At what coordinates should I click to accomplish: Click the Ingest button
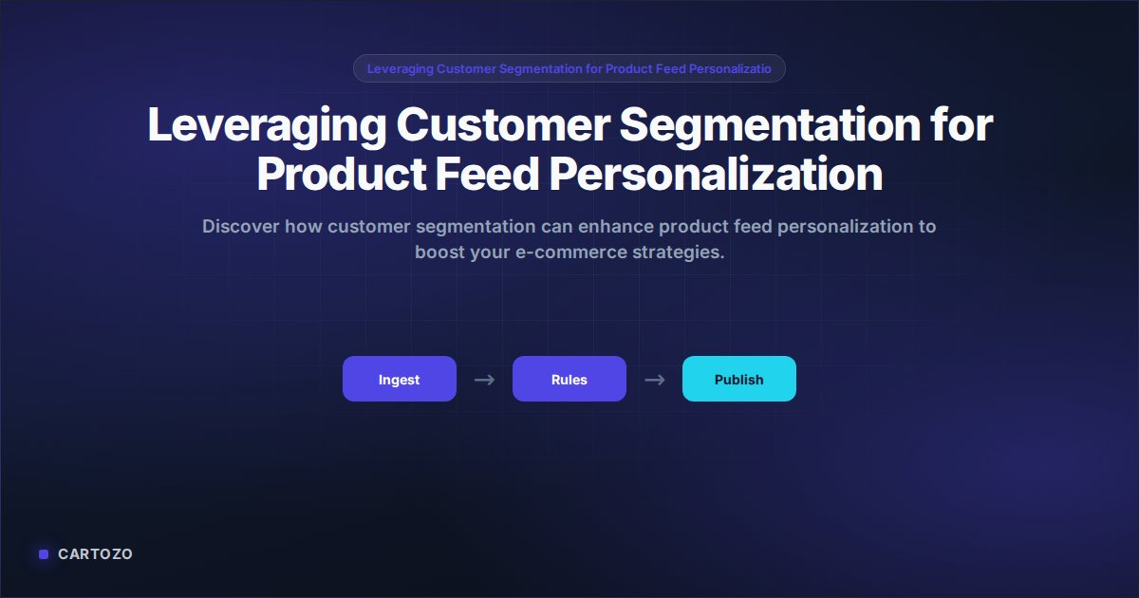(399, 380)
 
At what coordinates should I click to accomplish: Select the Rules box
(569, 380)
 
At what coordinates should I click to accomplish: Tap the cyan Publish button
(738, 380)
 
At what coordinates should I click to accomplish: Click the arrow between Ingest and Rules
(484, 380)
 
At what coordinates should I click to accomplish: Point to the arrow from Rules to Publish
(654, 380)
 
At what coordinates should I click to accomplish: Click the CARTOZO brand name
(95, 554)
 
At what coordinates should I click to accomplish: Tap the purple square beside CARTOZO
(44, 554)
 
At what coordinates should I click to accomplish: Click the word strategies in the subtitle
(682, 253)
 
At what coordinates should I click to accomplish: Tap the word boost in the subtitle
(439, 253)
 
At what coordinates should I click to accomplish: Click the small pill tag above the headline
(569, 68)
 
